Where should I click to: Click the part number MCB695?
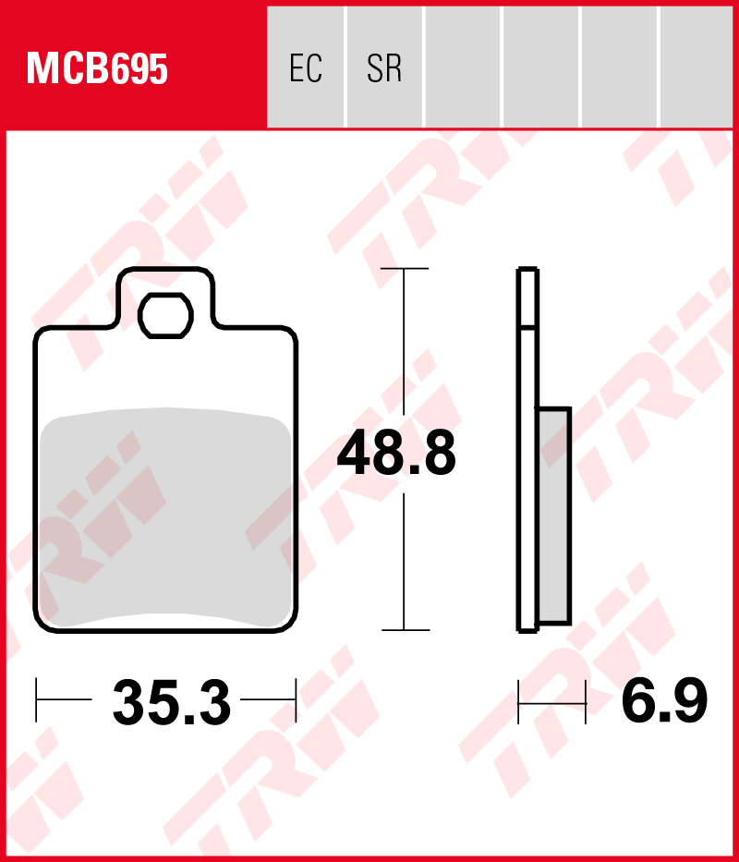[97, 68]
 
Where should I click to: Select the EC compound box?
[306, 67]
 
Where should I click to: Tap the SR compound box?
[384, 67]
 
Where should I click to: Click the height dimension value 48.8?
[396, 453]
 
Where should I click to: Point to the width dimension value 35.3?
[172, 702]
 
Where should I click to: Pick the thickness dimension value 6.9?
[664, 700]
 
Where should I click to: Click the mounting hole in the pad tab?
[165, 316]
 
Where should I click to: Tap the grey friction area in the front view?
[165, 517]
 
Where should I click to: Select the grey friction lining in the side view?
[554, 516]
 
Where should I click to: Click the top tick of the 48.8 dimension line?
[405, 268]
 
